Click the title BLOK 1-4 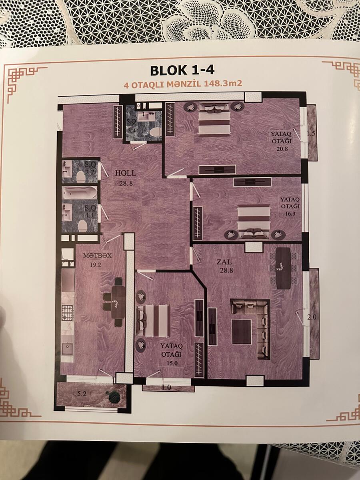coord(182,70)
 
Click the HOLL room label coord(126,173)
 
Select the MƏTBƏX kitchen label coord(97,256)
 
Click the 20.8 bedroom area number coord(282,149)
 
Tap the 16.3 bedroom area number coord(290,213)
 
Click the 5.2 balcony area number coord(82,394)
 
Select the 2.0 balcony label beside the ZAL coord(312,317)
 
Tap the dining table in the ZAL coord(284,268)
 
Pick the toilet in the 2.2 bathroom coord(81,177)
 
